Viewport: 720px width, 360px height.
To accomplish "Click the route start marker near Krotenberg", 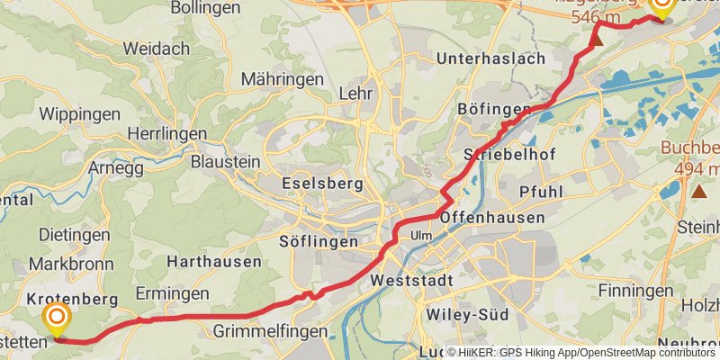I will click(57, 317).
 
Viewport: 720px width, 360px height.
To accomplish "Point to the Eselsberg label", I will click(322, 184).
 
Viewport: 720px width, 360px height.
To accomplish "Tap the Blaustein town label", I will click(225, 162).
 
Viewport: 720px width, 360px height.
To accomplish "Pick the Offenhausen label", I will click(493, 218).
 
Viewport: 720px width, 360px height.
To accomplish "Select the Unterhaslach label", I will click(490, 58).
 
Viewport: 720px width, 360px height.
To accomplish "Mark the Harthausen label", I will click(213, 262).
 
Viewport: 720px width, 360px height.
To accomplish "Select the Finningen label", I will click(635, 292).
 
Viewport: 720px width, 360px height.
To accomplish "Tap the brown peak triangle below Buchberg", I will click(699, 191).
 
